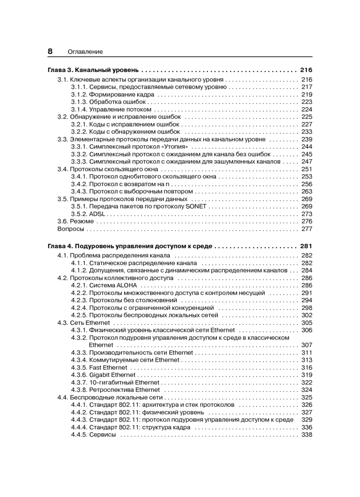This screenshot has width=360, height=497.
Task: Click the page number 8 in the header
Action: [x=50, y=51]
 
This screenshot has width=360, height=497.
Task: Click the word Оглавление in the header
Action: [x=85, y=52]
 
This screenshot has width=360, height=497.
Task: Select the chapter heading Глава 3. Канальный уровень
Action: [x=93, y=70]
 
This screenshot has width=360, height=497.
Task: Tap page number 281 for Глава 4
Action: [x=306, y=246]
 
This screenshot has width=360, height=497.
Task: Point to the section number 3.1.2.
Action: [x=79, y=95]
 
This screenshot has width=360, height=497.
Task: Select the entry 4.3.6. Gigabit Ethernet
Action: [x=103, y=375]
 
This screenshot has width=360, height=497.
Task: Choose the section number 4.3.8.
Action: [x=79, y=390]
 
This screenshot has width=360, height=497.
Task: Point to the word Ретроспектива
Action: [x=111, y=390]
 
